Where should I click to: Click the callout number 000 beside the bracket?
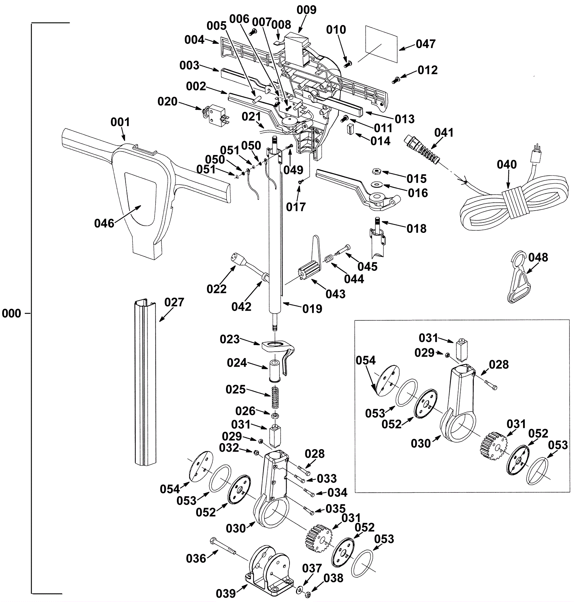pos(11,314)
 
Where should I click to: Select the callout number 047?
pos(426,44)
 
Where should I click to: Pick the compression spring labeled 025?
pos(275,397)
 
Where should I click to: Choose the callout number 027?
pos(174,302)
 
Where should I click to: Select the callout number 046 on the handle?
pos(104,224)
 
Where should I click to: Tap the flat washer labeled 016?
pos(377,184)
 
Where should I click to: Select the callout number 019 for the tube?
pos(312,309)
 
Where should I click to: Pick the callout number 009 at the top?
pos(307,10)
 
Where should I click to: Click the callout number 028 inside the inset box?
pos(499,365)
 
